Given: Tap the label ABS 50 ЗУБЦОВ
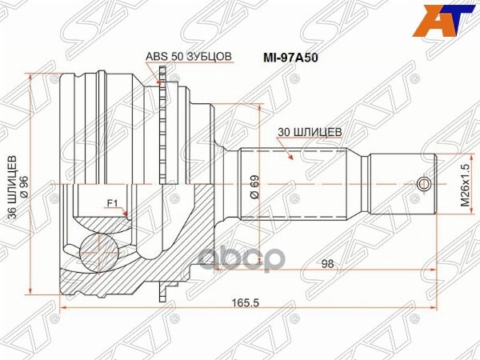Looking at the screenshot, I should (189, 56).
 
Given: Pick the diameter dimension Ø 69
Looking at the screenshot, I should (254, 185).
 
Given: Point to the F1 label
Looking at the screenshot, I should (113, 203).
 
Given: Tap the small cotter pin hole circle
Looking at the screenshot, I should (425, 186).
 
